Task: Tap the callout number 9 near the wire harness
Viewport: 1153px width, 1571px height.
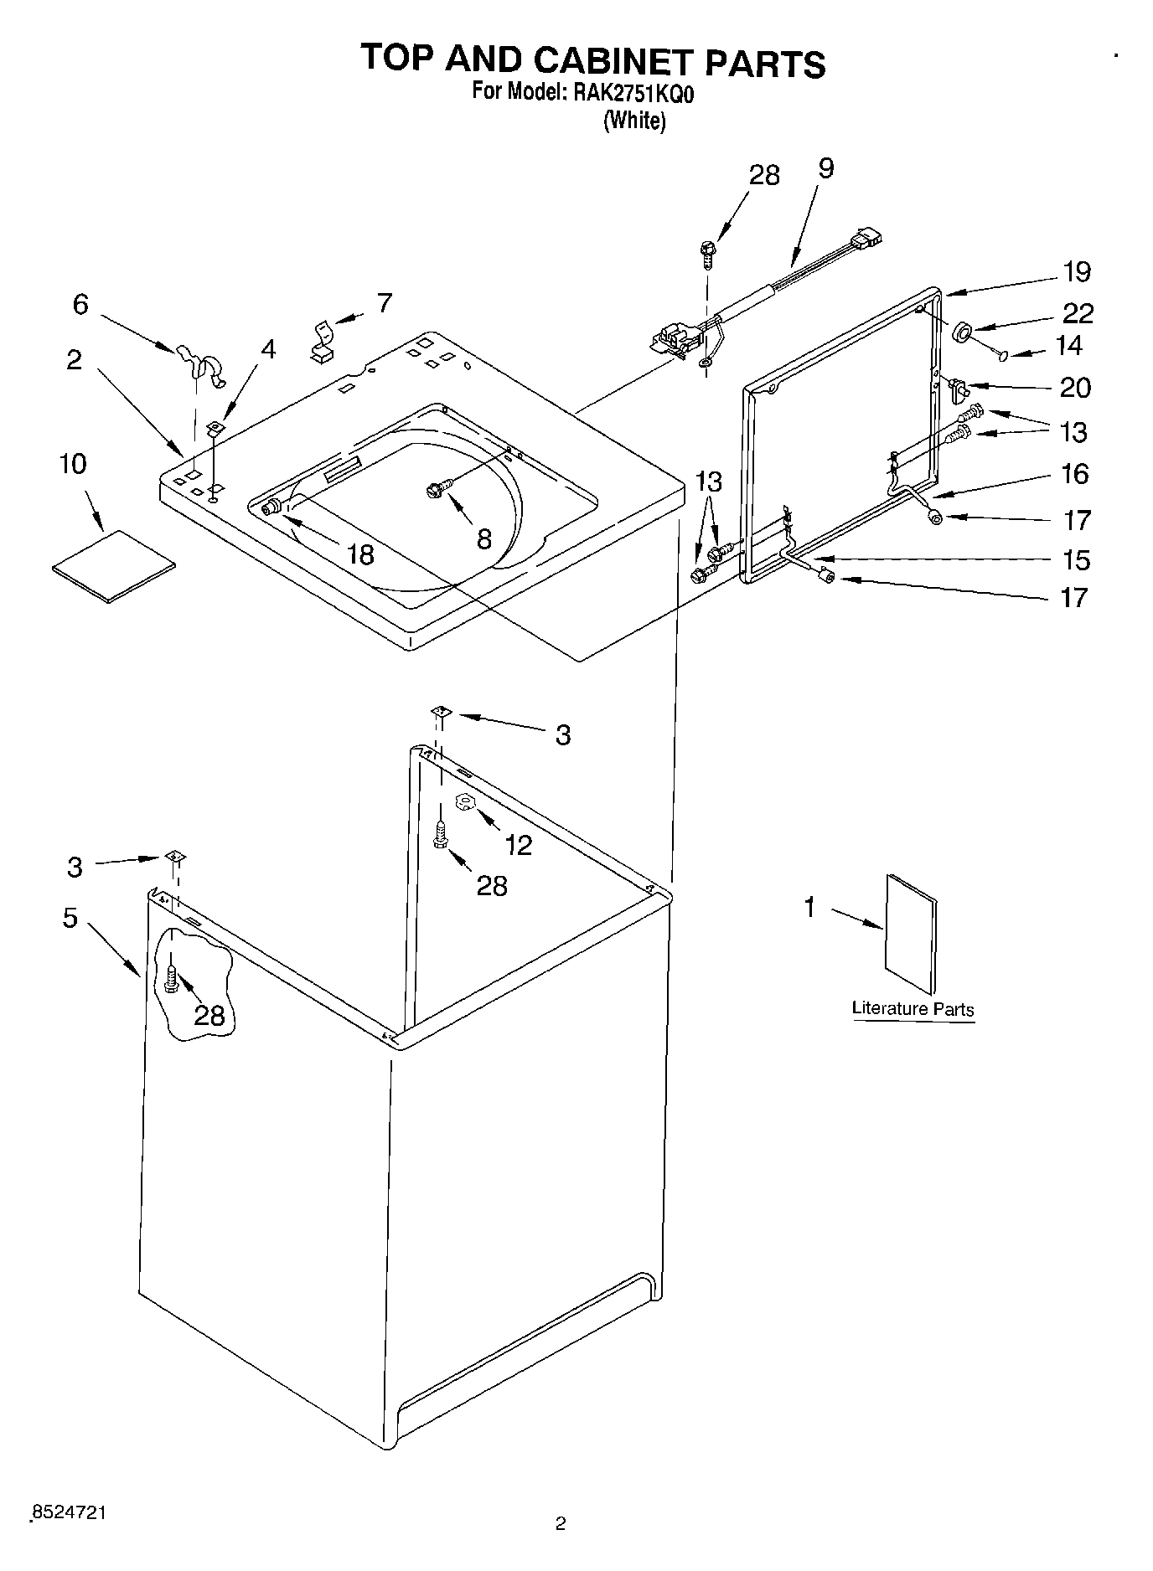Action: point(825,168)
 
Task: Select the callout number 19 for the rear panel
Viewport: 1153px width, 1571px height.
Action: point(1077,271)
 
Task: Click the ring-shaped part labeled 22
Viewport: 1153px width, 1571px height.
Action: point(962,332)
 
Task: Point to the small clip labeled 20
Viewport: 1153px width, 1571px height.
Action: point(959,389)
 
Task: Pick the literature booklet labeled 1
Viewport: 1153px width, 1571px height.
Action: point(912,934)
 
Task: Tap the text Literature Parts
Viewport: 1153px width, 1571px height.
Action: point(913,1008)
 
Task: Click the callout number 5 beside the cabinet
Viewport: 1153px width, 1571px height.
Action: point(70,918)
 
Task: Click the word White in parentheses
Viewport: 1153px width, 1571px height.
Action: point(634,121)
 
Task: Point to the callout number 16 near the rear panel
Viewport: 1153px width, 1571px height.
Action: point(1075,474)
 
